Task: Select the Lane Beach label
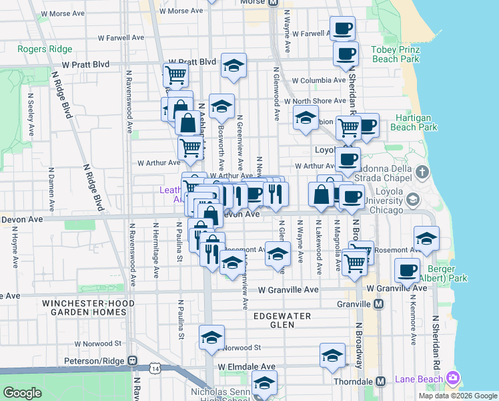point(418,378)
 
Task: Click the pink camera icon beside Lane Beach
point(454,378)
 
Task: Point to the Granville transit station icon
point(379,304)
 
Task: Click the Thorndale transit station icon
point(380,381)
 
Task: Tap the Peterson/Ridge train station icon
point(133,361)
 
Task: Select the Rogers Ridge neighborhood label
point(45,49)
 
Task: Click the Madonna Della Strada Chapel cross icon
point(422,172)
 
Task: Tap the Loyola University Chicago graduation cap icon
point(412,199)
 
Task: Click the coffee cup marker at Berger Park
point(406,271)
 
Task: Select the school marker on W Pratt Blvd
point(233,66)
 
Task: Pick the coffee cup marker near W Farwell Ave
point(342,29)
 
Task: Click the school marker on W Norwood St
point(211,338)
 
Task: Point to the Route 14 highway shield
point(155,368)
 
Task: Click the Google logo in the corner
point(23,393)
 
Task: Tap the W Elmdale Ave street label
point(245,367)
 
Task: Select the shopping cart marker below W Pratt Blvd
point(175,75)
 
